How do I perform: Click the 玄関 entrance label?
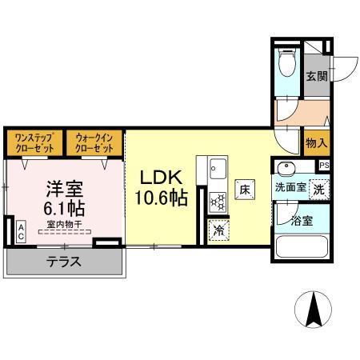pos(317,77)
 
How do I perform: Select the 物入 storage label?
pos(317,144)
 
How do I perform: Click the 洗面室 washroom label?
pos(290,188)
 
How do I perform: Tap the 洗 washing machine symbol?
pos(318,190)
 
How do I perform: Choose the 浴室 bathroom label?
pos(301,218)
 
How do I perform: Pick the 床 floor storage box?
pos(246,190)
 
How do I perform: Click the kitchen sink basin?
pos(218,169)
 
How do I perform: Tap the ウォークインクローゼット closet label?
pos(94,143)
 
